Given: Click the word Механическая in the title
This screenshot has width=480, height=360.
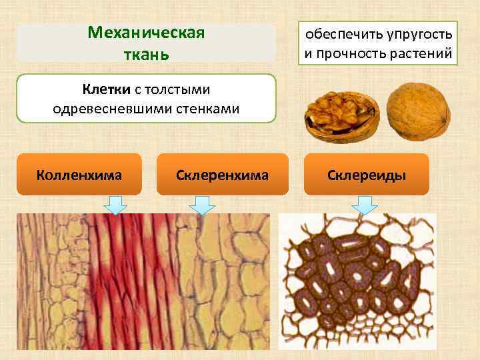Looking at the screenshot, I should point(146,33).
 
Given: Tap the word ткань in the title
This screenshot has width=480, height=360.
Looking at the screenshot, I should point(145,53).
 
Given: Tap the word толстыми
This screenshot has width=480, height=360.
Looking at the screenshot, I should point(173,89).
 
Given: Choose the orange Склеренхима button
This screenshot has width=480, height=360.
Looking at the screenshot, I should point(223,175).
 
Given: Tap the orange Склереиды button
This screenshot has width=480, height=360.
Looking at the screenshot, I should point(367,175).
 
